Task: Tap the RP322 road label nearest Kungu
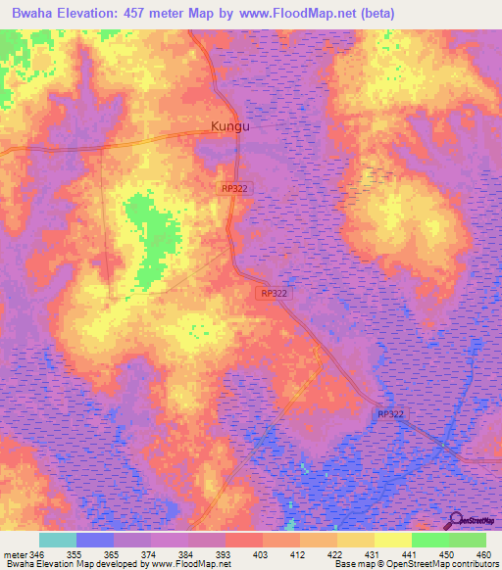pyautogui.click(x=235, y=187)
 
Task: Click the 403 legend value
pyautogui.click(x=260, y=553)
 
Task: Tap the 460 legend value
pyautogui.click(x=483, y=553)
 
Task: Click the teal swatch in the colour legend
pyautogui.click(x=58, y=540)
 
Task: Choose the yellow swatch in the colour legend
pyautogui.click(x=392, y=540)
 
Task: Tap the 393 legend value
pyautogui.click(x=223, y=553)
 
